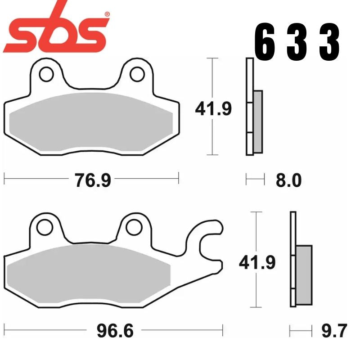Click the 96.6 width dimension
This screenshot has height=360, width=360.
click(115, 332)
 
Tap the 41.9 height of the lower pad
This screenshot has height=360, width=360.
click(257, 261)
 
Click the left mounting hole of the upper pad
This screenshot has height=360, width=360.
click(45, 73)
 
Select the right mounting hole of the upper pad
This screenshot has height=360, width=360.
click(137, 73)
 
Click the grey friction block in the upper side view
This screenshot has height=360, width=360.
click(258, 121)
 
